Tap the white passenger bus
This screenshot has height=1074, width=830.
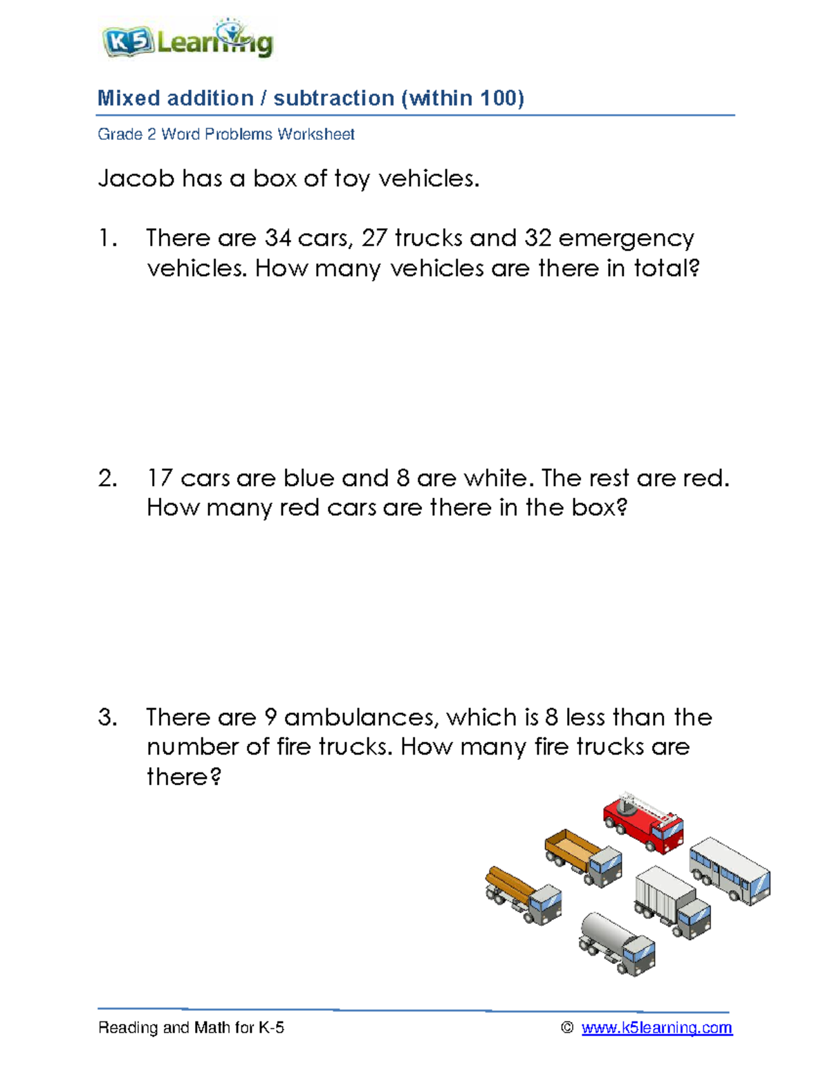[729, 869]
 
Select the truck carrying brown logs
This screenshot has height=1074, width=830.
[523, 895]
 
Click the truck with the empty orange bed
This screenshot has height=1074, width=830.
[583, 858]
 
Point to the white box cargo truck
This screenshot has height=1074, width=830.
[672, 902]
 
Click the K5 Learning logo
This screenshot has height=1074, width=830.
[187, 41]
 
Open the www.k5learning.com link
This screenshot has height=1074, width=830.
[656, 1028]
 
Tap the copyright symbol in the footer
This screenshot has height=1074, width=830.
[567, 1028]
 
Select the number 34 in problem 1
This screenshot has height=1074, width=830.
[278, 239]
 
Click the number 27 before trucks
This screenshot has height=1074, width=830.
[374, 239]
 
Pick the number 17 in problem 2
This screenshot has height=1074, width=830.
[160, 479]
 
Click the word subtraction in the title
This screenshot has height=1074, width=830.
[333, 98]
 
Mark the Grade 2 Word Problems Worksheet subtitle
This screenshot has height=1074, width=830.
[226, 134]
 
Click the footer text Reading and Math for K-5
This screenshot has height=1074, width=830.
[191, 1028]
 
